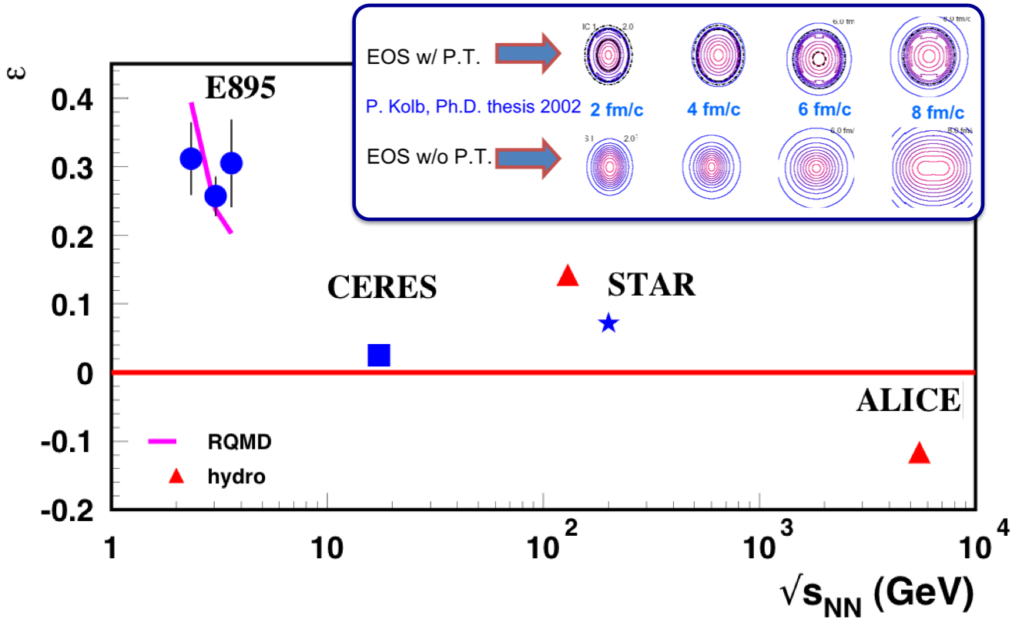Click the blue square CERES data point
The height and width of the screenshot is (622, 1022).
tap(379, 355)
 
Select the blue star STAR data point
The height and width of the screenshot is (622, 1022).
tap(608, 323)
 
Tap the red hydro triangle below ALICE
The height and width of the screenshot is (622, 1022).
tap(920, 453)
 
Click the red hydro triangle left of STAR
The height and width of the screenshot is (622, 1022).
tap(568, 276)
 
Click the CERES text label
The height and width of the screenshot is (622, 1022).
tap(382, 287)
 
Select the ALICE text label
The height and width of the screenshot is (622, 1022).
tap(909, 401)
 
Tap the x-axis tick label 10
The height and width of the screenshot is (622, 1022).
tap(327, 549)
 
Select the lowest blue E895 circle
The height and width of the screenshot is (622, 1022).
tap(216, 196)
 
